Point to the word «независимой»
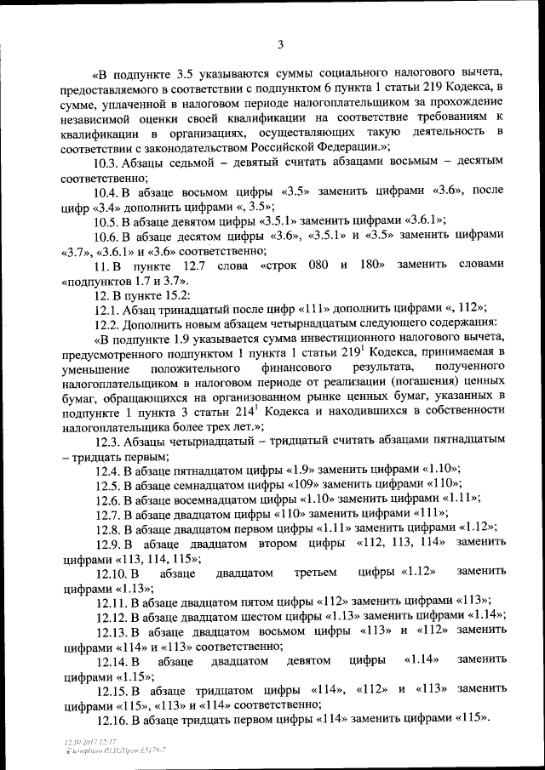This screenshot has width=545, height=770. click(100, 119)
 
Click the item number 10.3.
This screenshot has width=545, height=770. click(107, 165)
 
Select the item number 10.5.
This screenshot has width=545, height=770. click(107, 220)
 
